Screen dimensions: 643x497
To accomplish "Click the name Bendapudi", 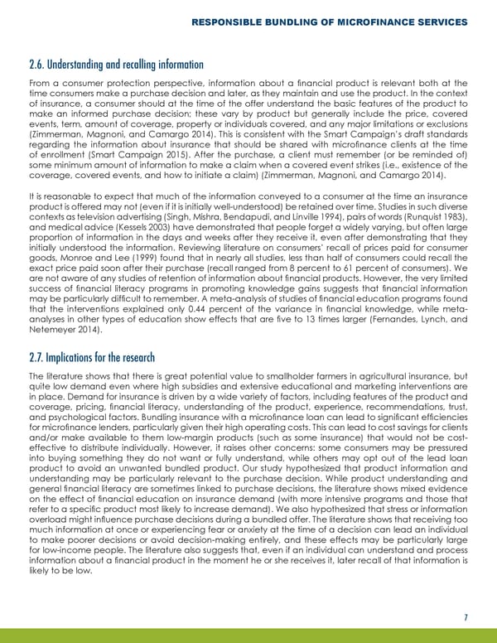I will [269, 212].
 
